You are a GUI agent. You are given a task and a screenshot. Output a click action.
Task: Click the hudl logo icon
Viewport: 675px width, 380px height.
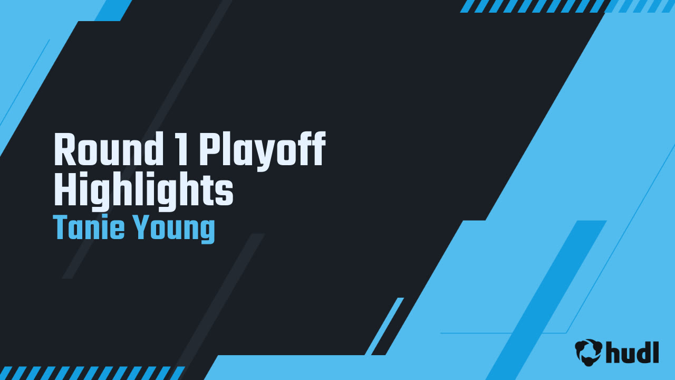pyautogui.click(x=589, y=352)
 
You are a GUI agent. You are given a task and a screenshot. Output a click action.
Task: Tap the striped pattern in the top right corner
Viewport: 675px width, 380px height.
pyautogui.click(x=567, y=6)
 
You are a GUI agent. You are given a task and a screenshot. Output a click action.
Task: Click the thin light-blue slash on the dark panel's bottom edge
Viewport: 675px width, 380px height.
pyautogui.click(x=384, y=326)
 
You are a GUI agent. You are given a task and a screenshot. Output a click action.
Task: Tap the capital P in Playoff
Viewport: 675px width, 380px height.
pyautogui.click(x=208, y=151)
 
